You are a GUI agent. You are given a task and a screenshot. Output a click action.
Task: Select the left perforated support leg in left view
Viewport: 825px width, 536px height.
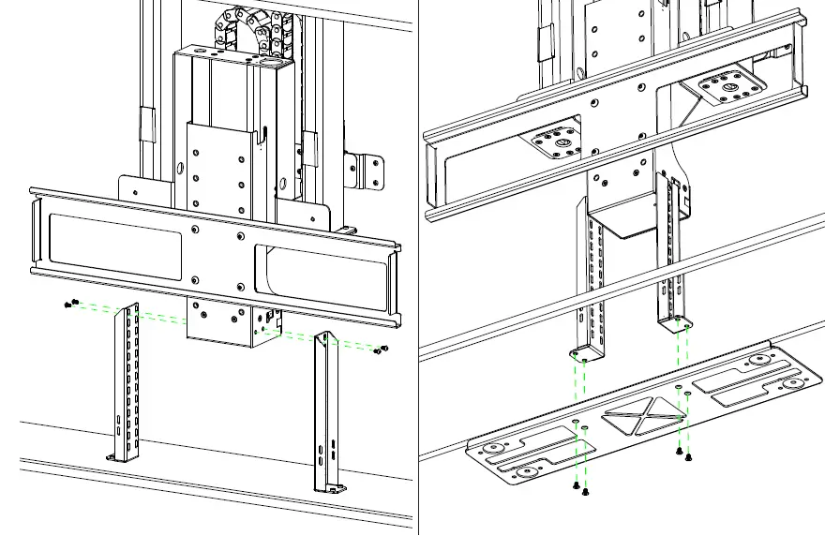[127, 375]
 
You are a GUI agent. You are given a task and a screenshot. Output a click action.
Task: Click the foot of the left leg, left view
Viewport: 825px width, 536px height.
[119, 456]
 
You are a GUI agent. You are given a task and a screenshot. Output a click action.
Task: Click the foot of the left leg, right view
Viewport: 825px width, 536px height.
[583, 354]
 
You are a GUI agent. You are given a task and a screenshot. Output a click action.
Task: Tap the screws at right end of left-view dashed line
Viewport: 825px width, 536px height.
[379, 350]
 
